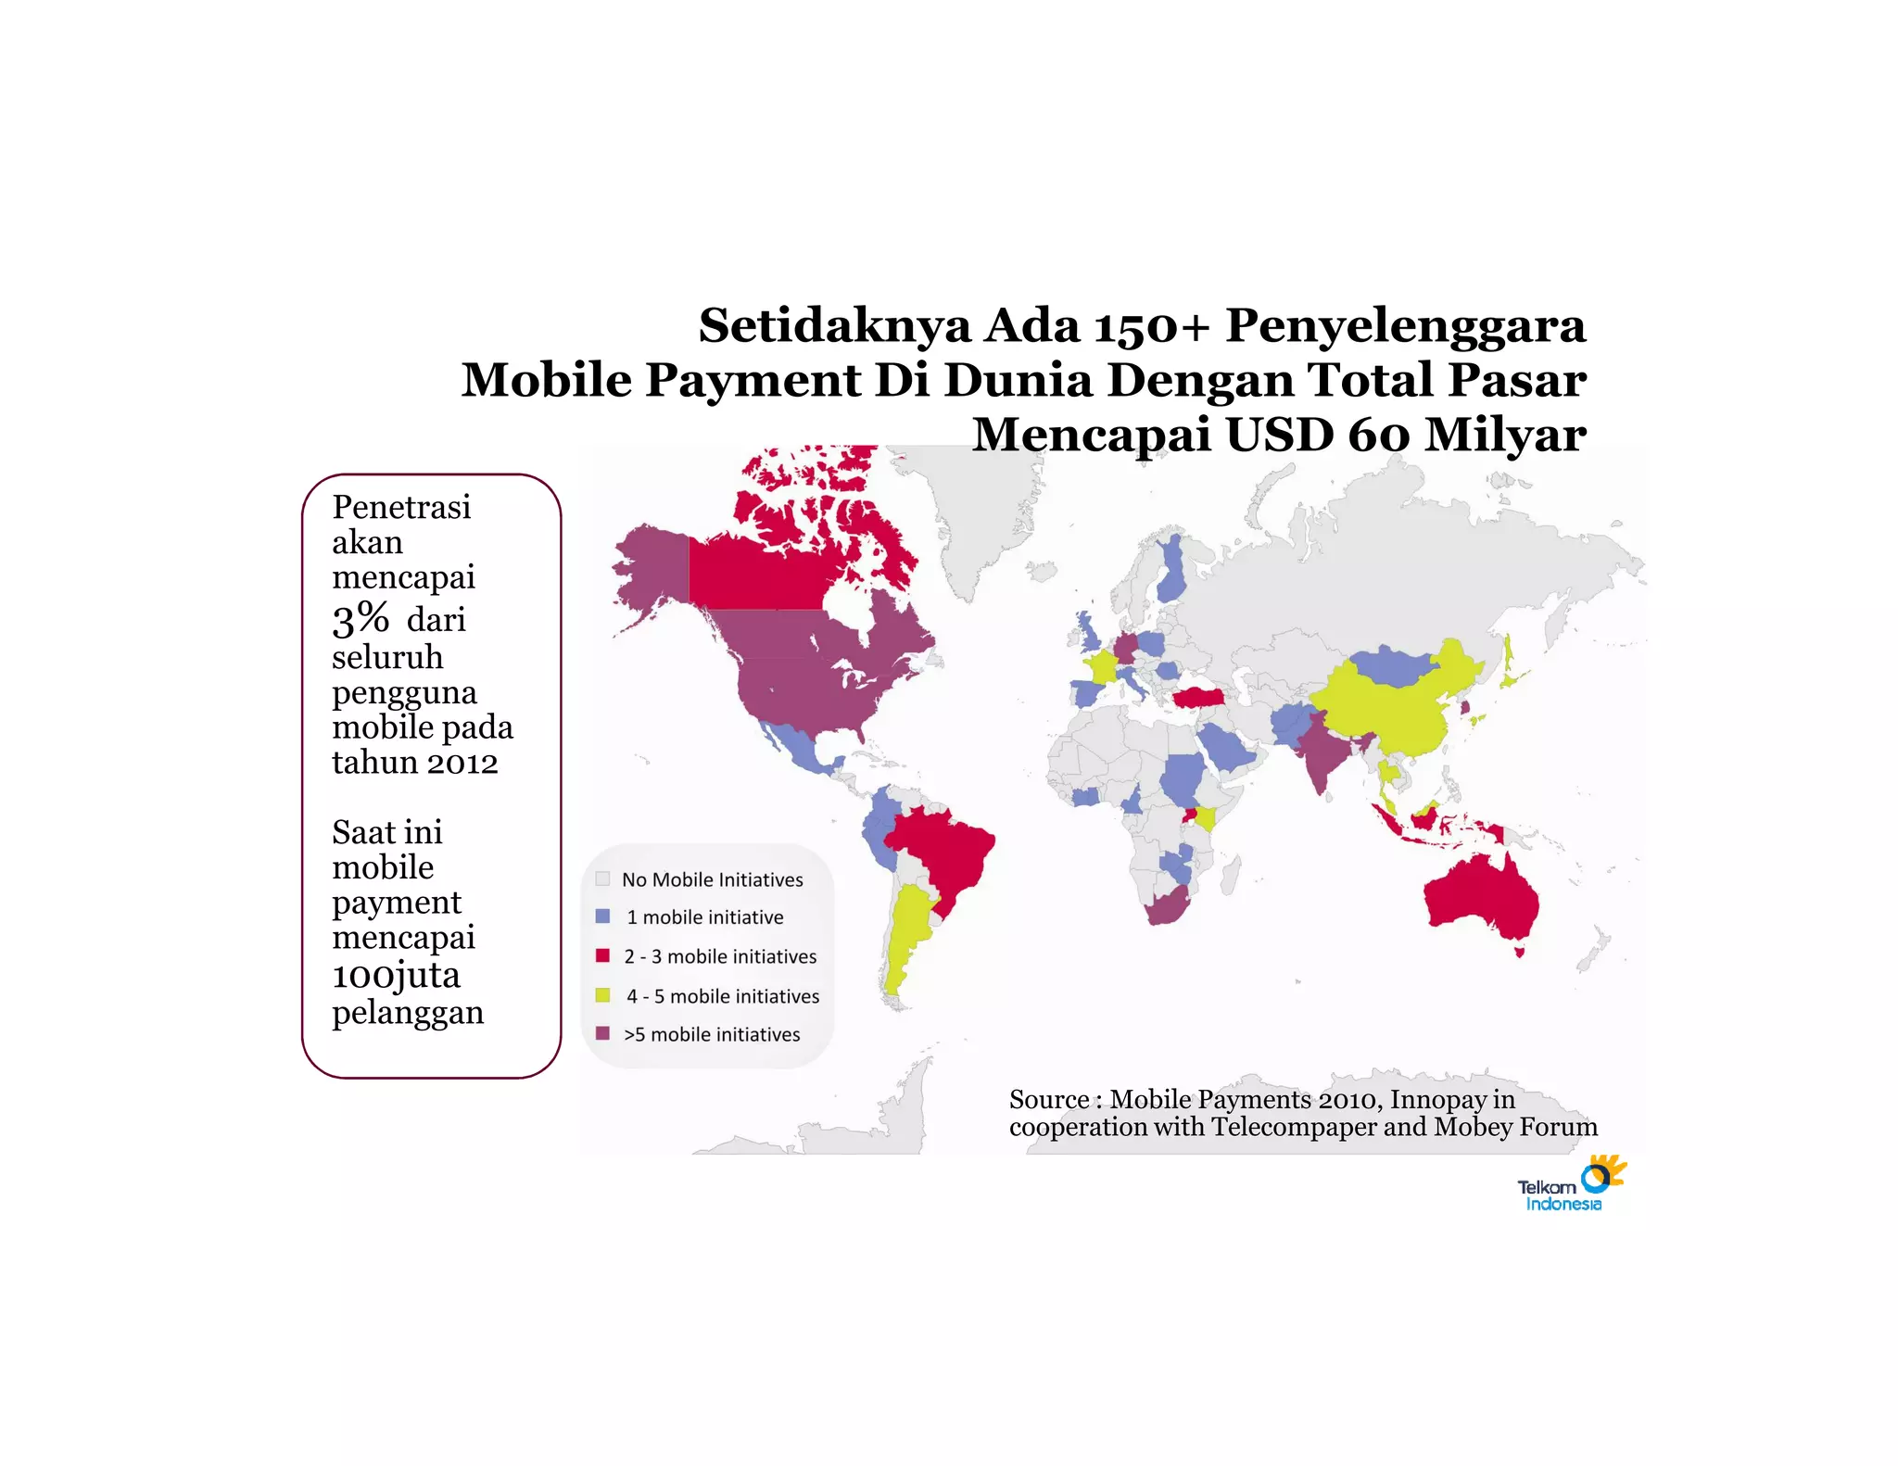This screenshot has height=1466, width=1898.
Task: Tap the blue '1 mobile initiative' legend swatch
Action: coord(602,916)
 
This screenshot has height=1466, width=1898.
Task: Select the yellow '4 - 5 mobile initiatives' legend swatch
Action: coord(602,995)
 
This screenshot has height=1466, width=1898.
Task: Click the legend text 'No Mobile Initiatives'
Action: coord(712,879)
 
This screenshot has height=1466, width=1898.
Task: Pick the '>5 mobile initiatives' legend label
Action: coord(712,1034)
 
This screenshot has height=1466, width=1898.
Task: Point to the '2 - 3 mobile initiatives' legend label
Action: coord(720,956)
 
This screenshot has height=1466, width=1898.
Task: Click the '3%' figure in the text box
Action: coord(361,619)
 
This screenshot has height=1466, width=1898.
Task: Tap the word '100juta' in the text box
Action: coord(396,975)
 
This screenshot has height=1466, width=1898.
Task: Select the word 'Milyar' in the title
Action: coord(1504,435)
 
